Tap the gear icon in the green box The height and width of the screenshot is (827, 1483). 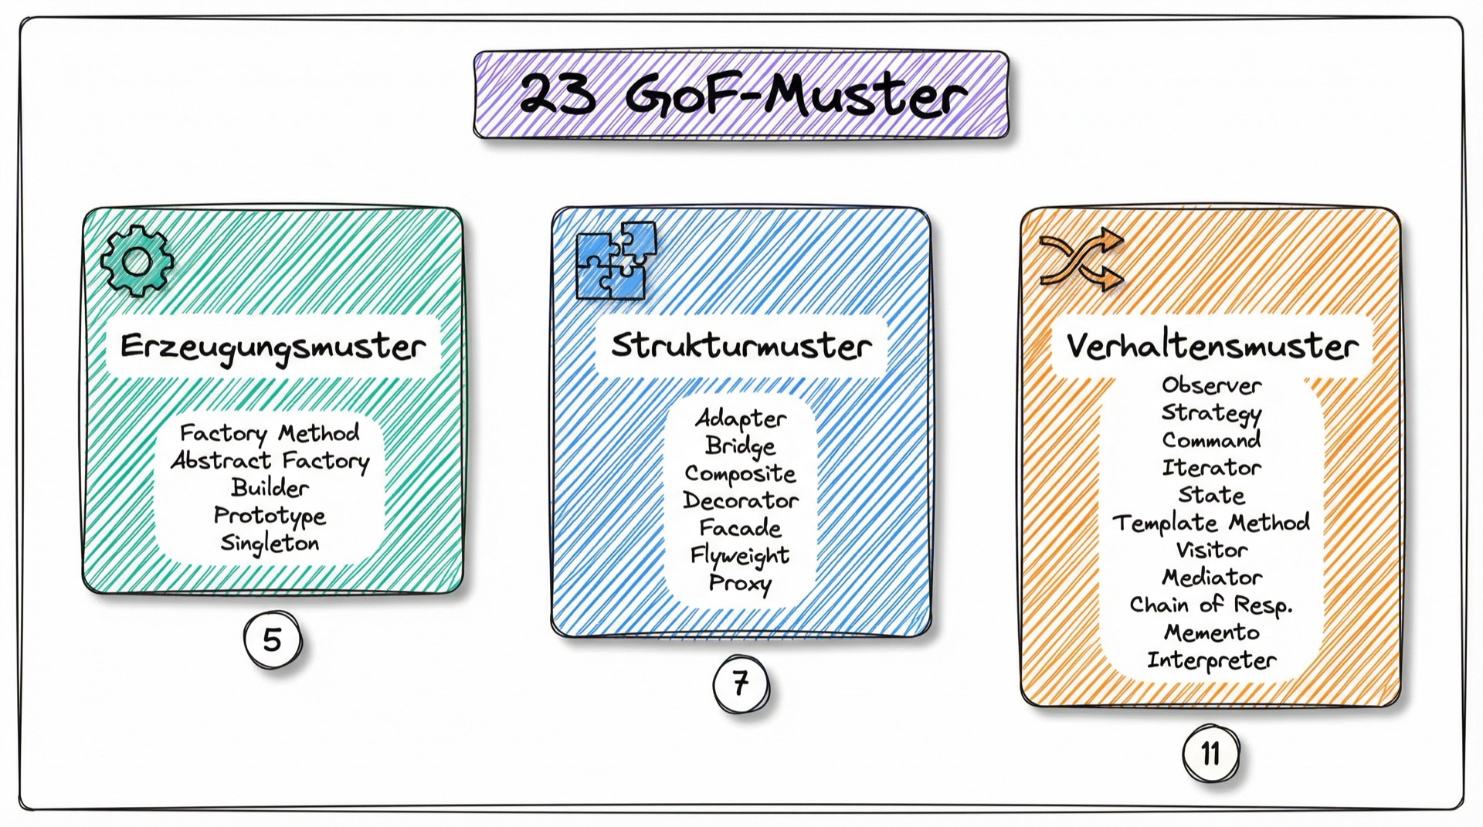pyautogui.click(x=137, y=261)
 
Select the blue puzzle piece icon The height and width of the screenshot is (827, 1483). pyautogui.click(x=616, y=261)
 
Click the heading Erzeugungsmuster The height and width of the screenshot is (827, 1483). pyautogui.click(x=273, y=347)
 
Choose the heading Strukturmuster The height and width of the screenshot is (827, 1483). pyautogui.click(x=741, y=345)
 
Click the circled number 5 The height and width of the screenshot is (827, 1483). pyautogui.click(x=273, y=640)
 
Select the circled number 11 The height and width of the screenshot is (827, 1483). pyautogui.click(x=1210, y=753)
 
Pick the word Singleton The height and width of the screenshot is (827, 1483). pyautogui.click(x=270, y=544)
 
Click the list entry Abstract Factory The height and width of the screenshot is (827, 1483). pyautogui.click(x=270, y=461)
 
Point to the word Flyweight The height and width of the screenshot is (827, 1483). pyautogui.click(x=740, y=556)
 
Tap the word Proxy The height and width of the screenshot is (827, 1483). pyautogui.click(x=740, y=584)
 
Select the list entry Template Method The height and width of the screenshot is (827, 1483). pyautogui.click(x=1211, y=523)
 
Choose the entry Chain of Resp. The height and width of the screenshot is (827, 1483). pyautogui.click(x=1211, y=605)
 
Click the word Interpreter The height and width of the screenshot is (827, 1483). pyautogui.click(x=1211, y=661)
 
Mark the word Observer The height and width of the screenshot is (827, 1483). pyautogui.click(x=1211, y=385)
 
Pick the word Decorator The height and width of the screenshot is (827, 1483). pyautogui.click(x=741, y=501)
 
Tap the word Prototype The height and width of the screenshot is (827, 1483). pyautogui.click(x=270, y=516)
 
